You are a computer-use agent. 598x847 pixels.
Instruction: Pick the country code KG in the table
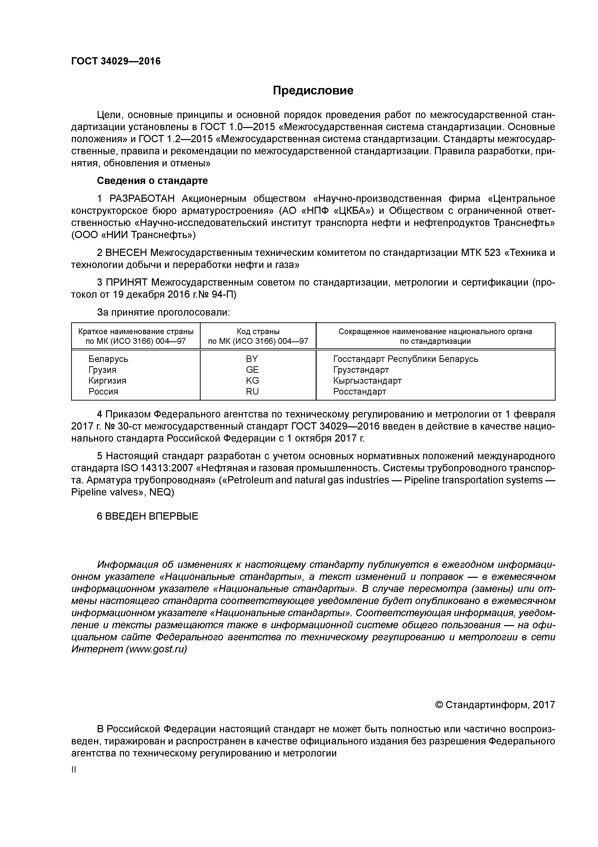click(252, 380)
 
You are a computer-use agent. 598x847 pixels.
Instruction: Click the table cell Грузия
click(102, 370)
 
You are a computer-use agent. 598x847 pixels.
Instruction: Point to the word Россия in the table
click(103, 391)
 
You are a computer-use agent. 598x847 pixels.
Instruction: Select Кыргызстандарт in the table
click(367, 380)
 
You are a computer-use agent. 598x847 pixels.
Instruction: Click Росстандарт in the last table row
click(360, 391)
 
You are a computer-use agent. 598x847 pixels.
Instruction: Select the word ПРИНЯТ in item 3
click(127, 282)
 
